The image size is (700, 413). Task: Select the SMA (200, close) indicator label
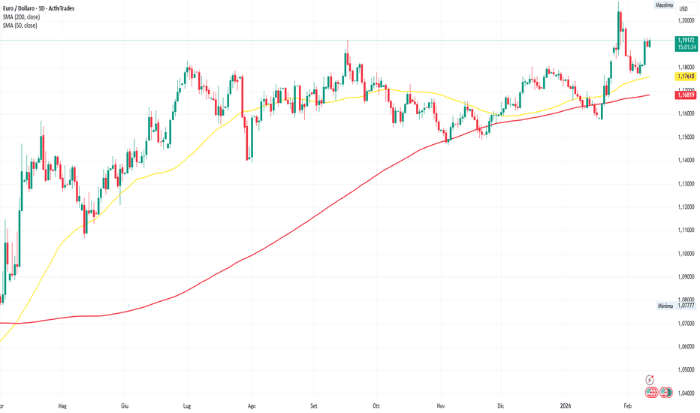22,17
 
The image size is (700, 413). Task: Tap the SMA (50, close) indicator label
20,26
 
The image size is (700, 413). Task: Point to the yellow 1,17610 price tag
686,77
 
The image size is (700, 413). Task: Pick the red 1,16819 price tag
686,95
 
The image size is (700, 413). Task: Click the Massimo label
664,5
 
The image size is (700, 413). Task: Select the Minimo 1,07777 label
676,306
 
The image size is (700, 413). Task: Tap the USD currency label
683,8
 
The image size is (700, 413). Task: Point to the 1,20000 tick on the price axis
686,20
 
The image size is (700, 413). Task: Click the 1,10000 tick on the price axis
686,254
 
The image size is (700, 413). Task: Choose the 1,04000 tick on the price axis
686,393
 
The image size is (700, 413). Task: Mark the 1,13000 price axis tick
686,183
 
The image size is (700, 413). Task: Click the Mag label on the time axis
62,405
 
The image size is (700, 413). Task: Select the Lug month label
187,405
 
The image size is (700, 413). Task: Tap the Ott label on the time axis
376,405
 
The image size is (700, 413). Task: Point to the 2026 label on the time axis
565,405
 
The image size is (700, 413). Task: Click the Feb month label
628,405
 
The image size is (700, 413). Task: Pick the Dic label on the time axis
500,405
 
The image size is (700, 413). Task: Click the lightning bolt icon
650,380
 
